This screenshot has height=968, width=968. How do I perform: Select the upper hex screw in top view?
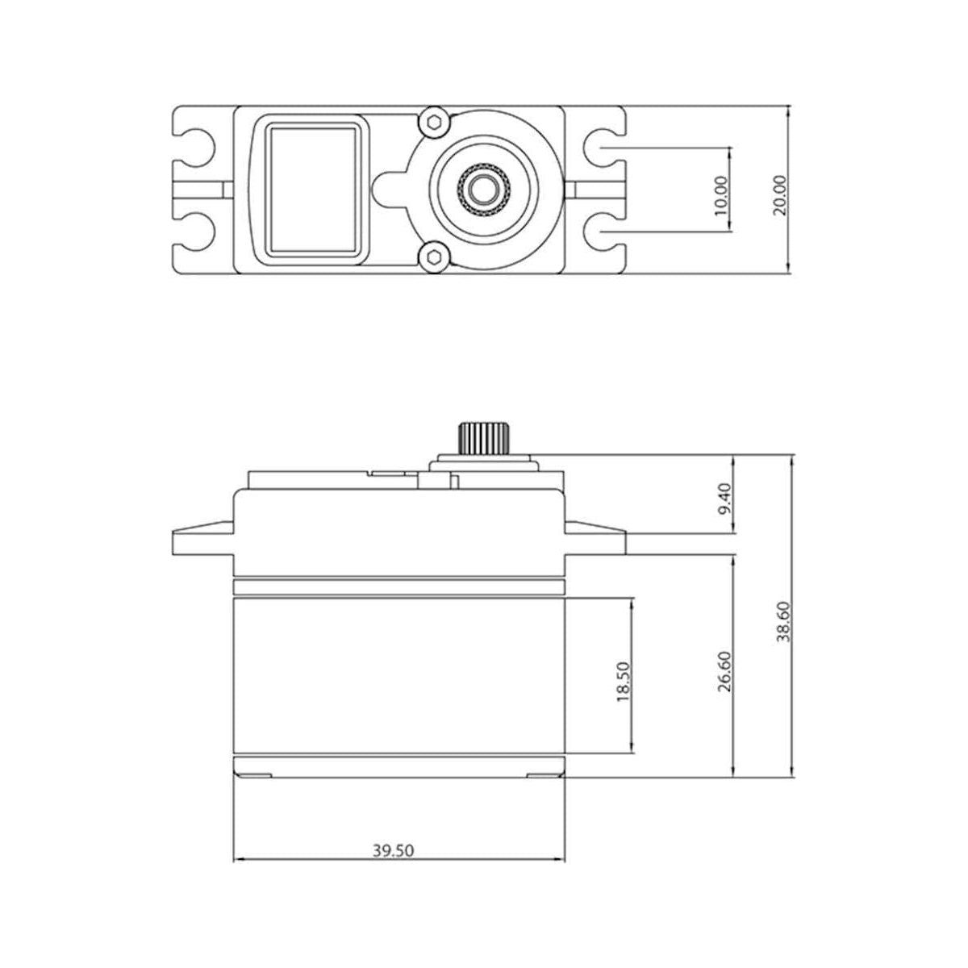434,123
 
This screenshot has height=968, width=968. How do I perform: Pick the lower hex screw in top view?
434,257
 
